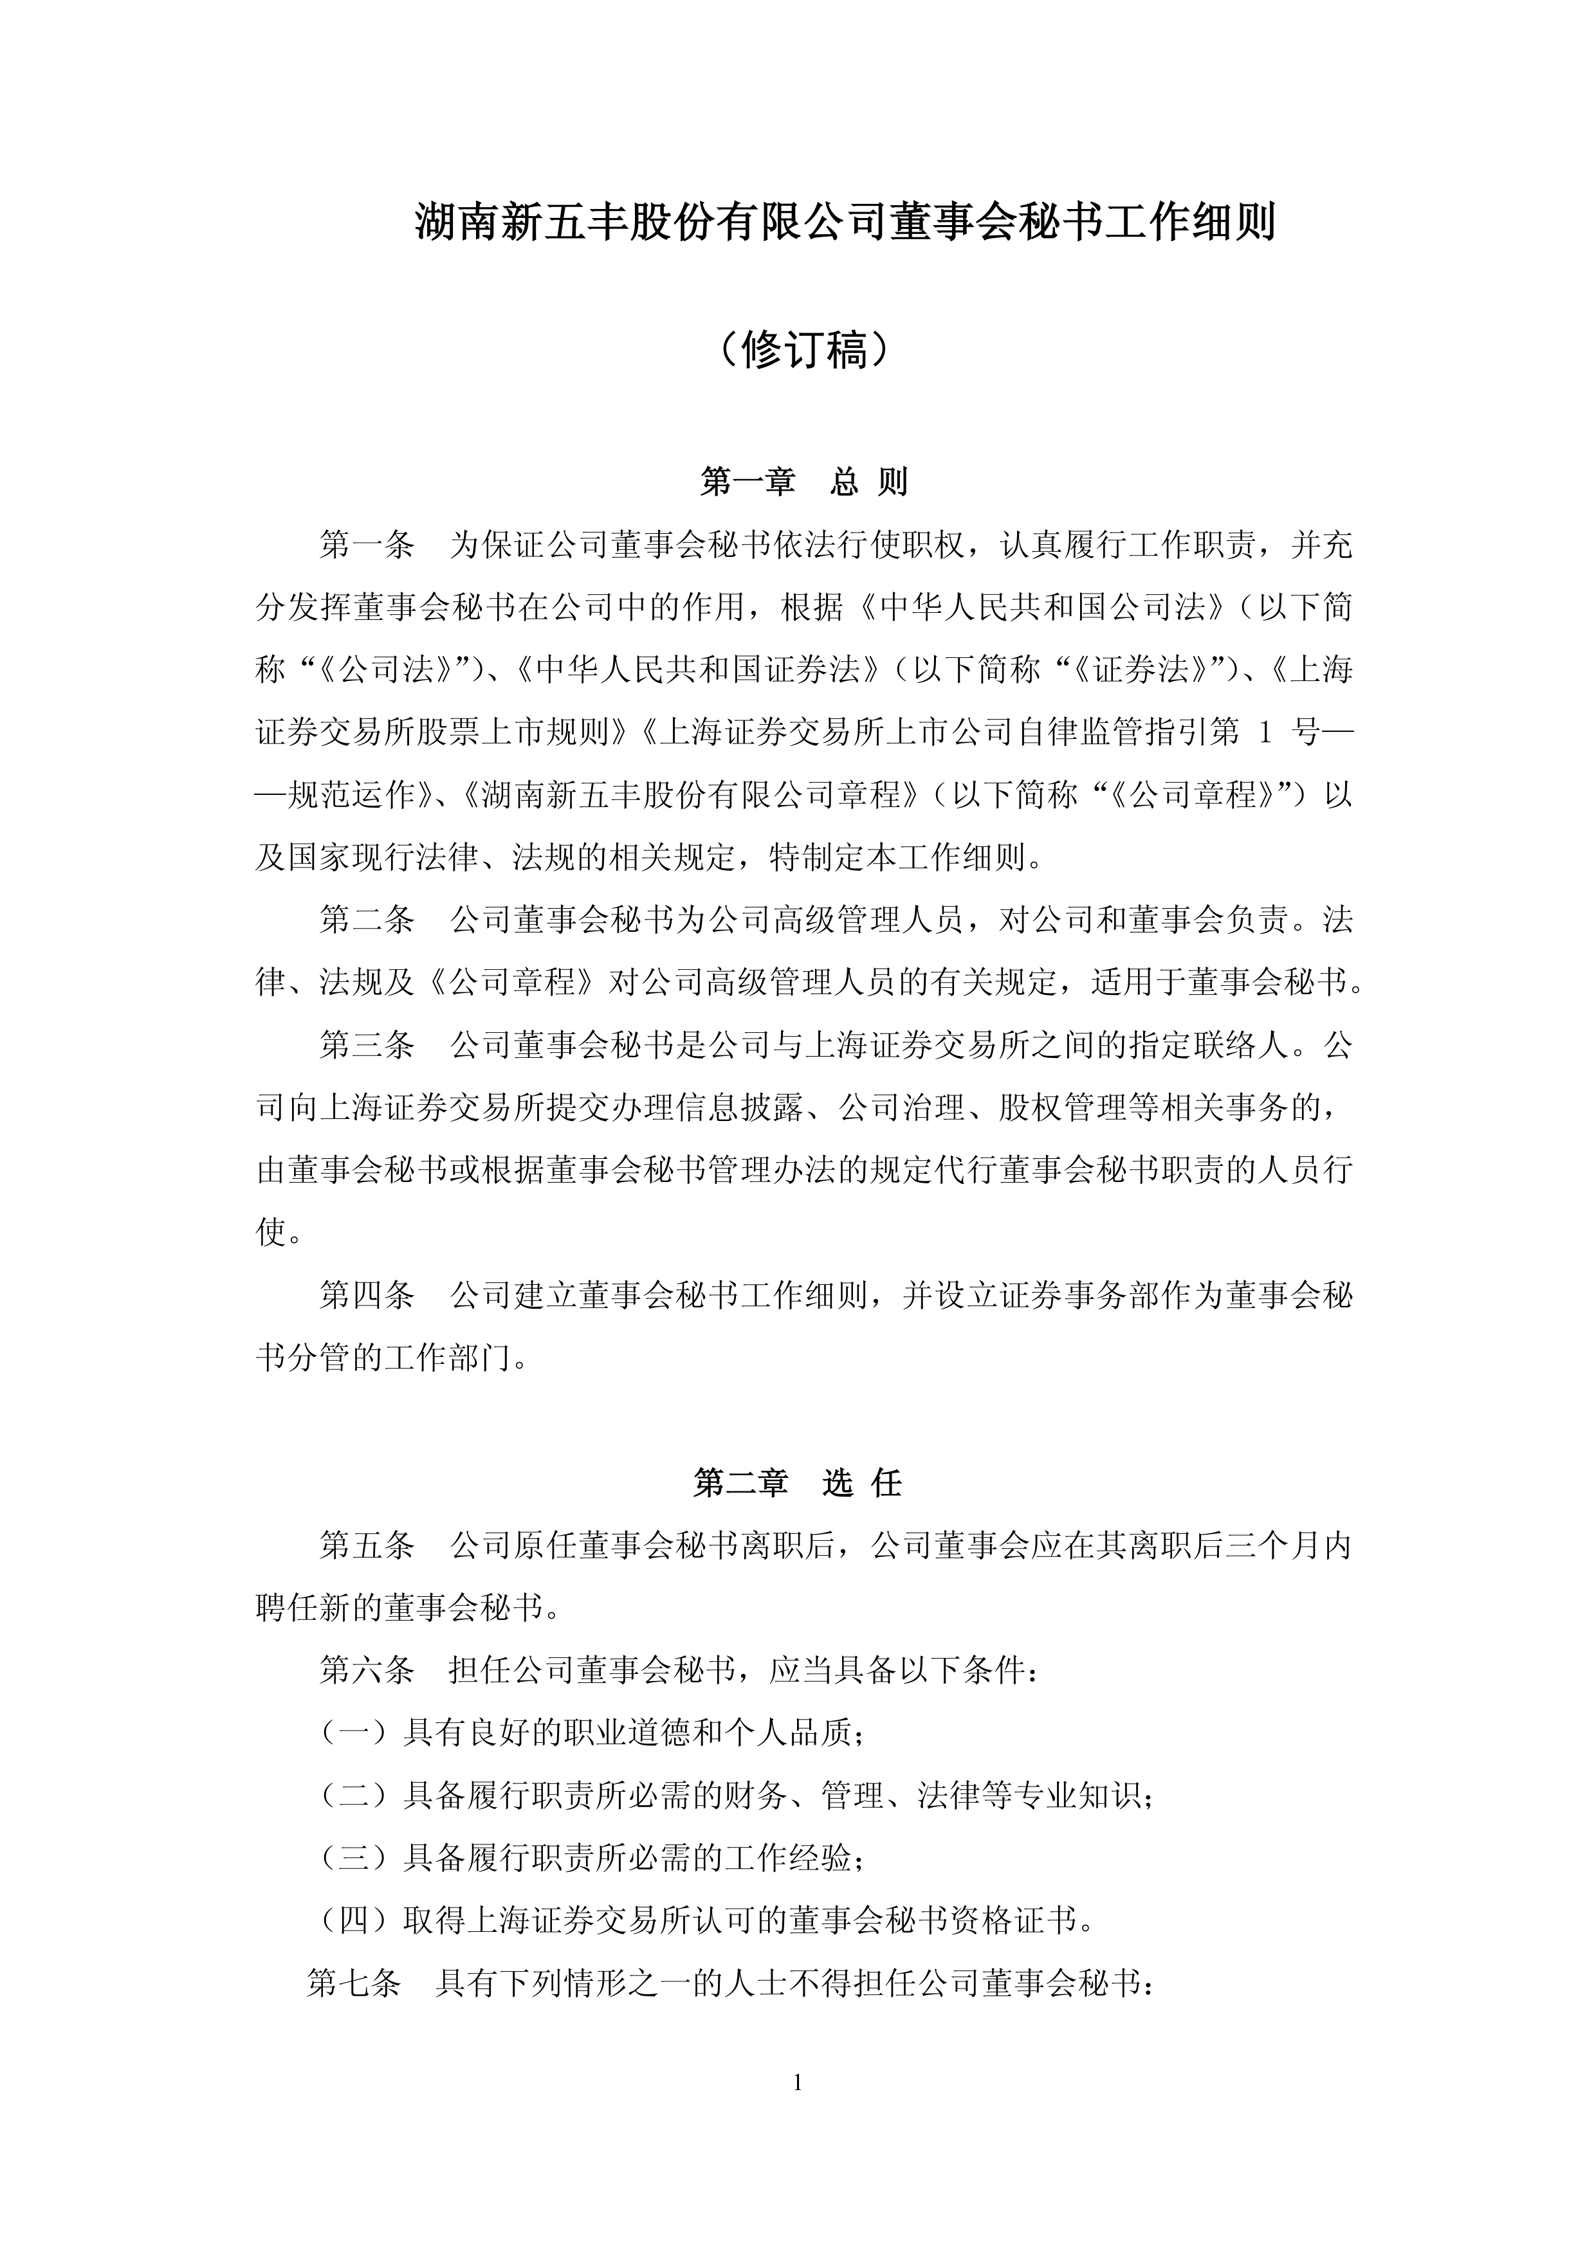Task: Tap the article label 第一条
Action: [367, 545]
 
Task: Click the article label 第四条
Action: [367, 1295]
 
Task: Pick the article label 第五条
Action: [367, 1545]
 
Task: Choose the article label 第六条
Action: [367, 1670]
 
